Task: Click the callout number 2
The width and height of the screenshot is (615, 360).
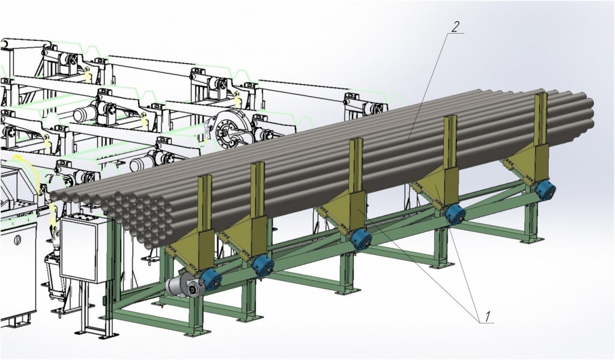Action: point(455,27)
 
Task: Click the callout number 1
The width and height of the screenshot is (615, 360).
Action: point(488,316)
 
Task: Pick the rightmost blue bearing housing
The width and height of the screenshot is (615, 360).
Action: point(545,191)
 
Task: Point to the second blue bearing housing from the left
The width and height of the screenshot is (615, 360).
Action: point(263,267)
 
